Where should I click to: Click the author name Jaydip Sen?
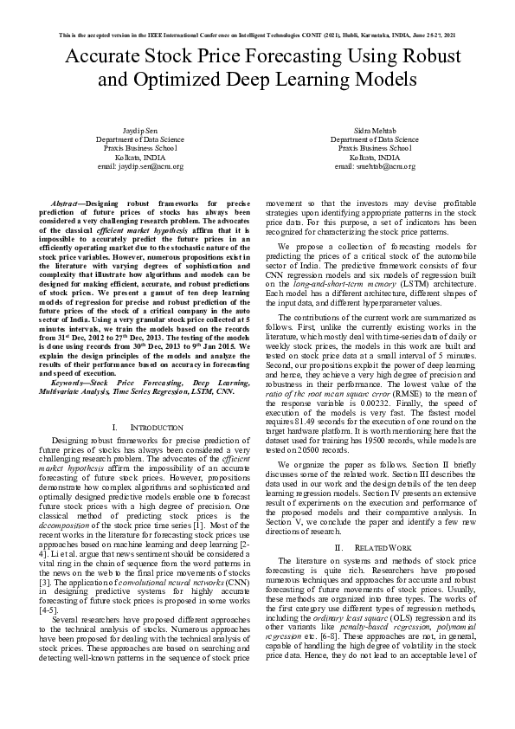(x=139, y=131)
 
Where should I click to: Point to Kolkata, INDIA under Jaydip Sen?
(x=139, y=157)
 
